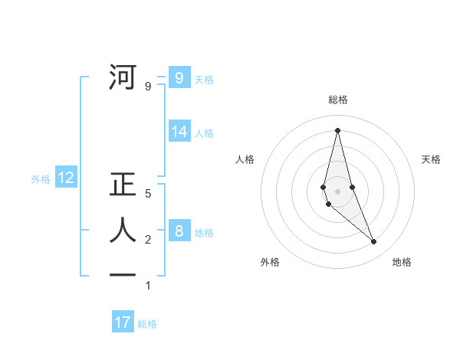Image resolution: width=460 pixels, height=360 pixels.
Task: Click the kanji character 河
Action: (x=123, y=77)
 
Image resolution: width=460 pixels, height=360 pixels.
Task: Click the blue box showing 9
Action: (x=179, y=77)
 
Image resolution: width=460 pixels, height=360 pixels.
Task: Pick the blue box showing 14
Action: (x=179, y=132)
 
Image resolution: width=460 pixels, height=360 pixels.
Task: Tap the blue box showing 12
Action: (x=66, y=178)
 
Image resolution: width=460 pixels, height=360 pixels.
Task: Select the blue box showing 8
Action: (x=179, y=231)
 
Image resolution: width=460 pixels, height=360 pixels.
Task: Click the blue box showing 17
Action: (x=123, y=322)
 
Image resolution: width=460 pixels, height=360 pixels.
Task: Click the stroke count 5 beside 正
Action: (x=149, y=194)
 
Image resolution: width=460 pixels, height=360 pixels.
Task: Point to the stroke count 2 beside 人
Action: (x=149, y=240)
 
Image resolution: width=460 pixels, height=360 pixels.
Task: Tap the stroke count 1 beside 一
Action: (x=149, y=286)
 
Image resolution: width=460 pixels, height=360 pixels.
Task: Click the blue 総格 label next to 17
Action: (x=147, y=324)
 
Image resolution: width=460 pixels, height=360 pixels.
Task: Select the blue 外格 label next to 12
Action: (x=41, y=179)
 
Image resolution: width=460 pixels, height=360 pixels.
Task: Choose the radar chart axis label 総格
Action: (x=338, y=100)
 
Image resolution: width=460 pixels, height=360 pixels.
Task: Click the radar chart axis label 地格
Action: (x=402, y=262)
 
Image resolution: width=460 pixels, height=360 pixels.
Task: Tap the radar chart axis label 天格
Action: (x=431, y=159)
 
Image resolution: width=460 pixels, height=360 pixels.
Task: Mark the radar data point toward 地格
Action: (x=374, y=242)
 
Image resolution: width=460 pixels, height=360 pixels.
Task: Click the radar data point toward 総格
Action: (x=338, y=129)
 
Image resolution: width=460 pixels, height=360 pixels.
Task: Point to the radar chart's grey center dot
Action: (x=338, y=191)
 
